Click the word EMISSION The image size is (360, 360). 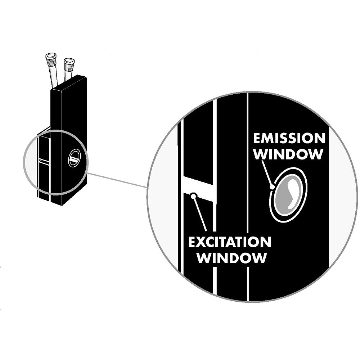coord(289,138)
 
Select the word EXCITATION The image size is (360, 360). coord(230,242)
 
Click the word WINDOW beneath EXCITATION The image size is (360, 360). coord(232,258)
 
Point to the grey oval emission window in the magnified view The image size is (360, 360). coord(288,195)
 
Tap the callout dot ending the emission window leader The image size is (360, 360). coord(273,187)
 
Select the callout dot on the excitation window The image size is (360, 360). coord(194,195)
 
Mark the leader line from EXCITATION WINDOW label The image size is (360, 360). coord(200,213)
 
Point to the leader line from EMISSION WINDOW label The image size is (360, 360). coord(267,174)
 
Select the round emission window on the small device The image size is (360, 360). coord(75,158)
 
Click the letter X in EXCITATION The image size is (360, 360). coord(200,242)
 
